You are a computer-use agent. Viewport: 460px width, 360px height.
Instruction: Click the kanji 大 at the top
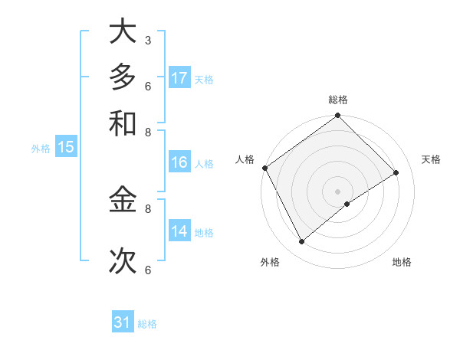123,32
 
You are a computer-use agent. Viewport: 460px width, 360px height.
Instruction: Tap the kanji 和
123,122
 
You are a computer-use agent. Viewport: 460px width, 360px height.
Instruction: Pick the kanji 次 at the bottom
123,260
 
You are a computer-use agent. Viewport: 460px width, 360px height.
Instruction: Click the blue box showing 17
179,78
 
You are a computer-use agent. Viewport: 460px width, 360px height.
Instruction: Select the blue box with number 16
179,162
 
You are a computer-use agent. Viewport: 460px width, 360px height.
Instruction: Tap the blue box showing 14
179,231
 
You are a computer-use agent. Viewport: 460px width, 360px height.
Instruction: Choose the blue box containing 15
66,148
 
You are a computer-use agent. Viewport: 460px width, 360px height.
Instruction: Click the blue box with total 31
123,322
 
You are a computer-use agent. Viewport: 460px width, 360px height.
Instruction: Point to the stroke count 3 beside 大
147,40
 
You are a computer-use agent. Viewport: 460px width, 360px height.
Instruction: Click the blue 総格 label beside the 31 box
147,324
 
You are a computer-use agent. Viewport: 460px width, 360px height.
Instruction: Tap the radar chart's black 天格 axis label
431,159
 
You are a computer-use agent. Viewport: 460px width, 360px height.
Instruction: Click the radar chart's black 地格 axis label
402,262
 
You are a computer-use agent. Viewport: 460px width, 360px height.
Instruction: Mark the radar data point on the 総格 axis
337,116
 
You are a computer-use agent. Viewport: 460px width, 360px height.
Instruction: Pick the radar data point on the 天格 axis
396,173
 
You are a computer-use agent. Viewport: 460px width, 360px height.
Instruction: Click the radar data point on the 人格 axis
264,168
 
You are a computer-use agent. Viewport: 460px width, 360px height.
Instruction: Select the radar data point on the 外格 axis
301,242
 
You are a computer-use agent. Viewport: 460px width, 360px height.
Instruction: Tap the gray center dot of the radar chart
337,191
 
